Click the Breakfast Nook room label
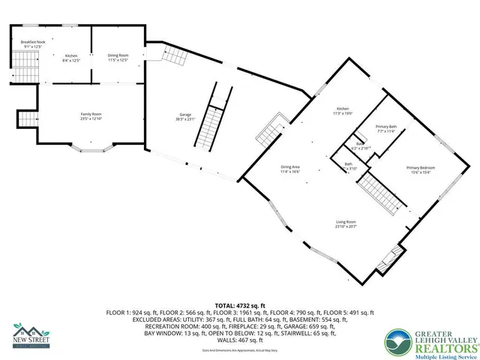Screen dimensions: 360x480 point(34,42)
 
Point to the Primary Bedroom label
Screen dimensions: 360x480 point(421,166)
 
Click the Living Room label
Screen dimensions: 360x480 point(346,222)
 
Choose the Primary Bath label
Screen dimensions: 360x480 point(386,127)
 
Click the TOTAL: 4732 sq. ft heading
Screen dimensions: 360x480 point(239,306)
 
